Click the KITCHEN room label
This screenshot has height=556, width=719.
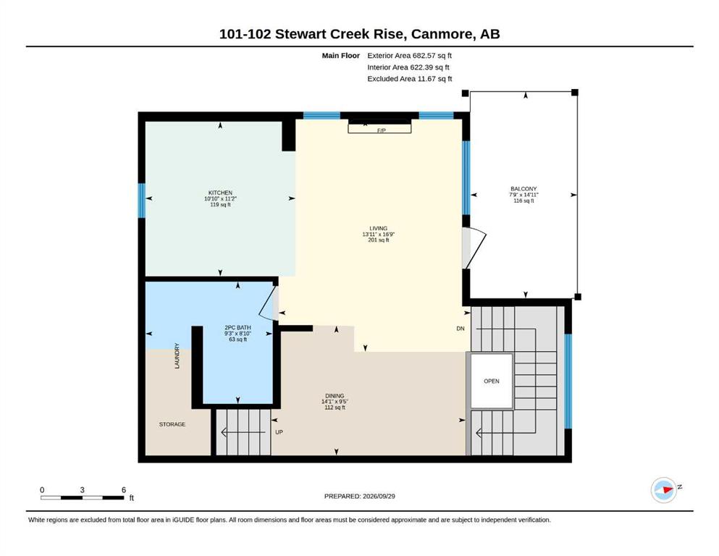click(221, 193)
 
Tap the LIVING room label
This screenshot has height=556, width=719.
click(378, 228)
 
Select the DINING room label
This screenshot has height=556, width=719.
click(335, 396)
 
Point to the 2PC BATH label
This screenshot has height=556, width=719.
click(237, 327)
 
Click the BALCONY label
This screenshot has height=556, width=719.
click(524, 189)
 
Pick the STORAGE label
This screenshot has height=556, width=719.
click(172, 424)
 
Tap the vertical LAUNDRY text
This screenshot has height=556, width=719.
click(177, 355)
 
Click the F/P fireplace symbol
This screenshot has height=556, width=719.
click(379, 127)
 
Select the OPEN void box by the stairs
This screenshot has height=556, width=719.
click(492, 381)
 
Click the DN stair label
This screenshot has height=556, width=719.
click(461, 329)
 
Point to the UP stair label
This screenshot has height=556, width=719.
click(279, 432)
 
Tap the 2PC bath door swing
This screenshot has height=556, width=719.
click(268, 303)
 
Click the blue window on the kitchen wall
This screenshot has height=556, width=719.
click(142, 201)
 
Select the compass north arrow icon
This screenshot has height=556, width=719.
click(665, 489)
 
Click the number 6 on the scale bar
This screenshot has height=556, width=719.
click(124, 490)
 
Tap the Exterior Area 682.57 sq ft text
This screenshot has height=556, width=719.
click(410, 56)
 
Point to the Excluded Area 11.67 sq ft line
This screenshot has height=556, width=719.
click(410, 79)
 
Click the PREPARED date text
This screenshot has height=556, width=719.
click(359, 496)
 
